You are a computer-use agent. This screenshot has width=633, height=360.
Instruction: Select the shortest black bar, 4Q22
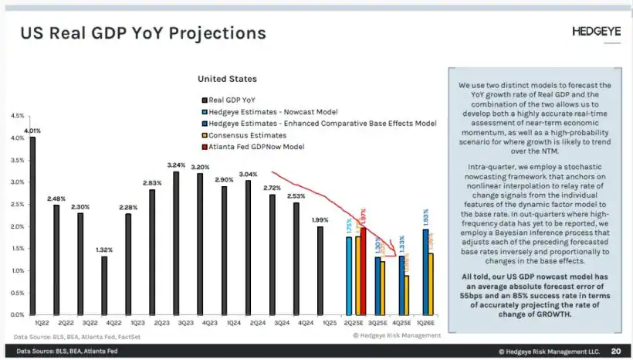[104, 285]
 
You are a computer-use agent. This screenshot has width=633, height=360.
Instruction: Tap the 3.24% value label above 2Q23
[176, 165]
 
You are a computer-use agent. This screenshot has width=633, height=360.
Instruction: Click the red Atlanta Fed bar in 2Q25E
[364, 270]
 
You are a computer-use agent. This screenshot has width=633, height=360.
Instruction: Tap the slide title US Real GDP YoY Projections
[143, 33]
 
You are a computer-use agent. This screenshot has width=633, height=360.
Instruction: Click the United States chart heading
[227, 79]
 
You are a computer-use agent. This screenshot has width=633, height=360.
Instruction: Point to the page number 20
[615, 350]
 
